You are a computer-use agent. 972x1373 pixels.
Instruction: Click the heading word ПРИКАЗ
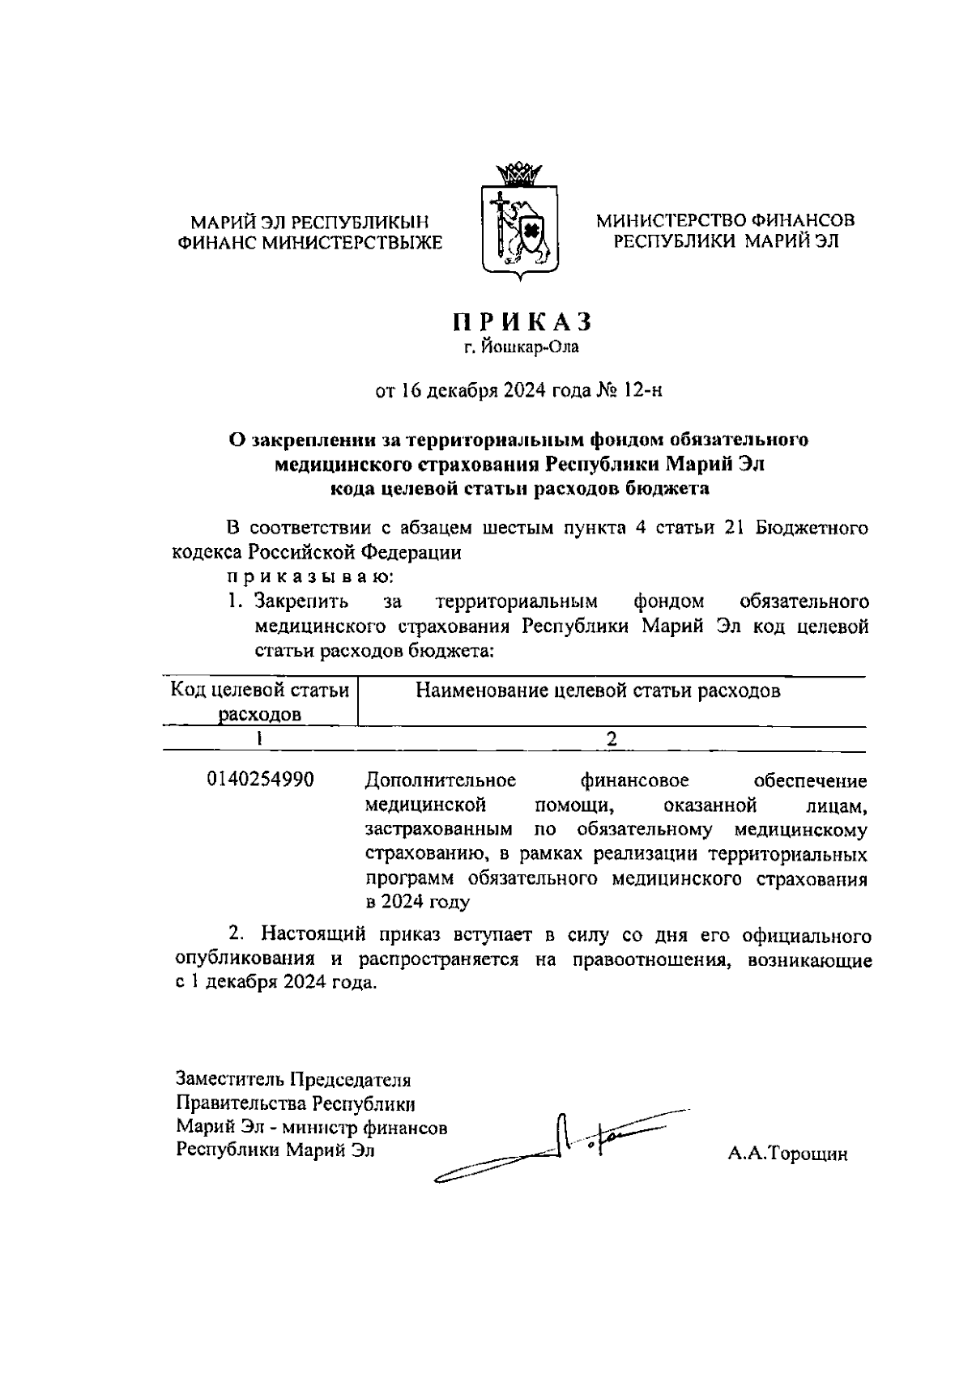point(522,322)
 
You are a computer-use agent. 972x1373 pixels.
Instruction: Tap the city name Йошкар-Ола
point(531,348)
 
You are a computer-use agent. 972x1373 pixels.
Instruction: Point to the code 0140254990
point(261,780)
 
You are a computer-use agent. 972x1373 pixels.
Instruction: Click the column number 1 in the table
point(259,738)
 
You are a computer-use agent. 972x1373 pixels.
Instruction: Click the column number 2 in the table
point(612,738)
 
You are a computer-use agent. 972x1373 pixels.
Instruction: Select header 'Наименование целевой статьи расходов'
point(598,691)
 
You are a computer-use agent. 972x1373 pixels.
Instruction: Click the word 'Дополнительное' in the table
point(441,780)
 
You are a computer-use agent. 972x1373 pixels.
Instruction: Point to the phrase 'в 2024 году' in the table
point(417,902)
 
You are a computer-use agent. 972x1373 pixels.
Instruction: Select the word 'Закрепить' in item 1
point(301,601)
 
